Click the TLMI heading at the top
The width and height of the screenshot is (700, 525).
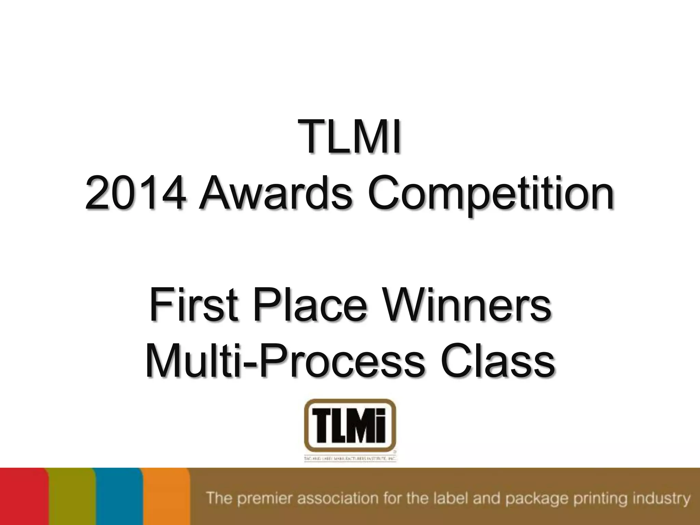click(x=350, y=136)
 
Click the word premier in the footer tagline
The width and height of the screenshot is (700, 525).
click(x=265, y=499)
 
